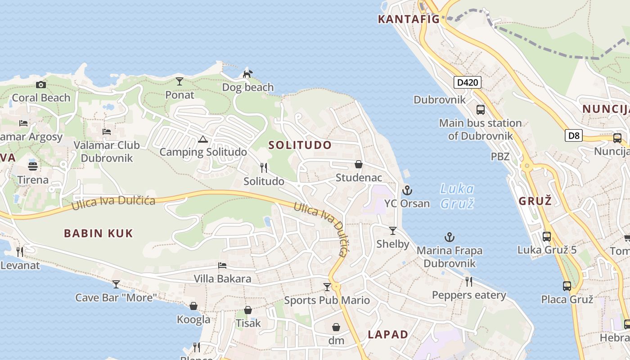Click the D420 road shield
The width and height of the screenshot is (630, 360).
[x=468, y=82]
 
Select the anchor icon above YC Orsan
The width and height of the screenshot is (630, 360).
[x=407, y=190]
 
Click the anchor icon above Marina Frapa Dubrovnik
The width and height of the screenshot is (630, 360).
[x=449, y=237]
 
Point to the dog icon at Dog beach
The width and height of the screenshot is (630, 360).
[x=247, y=73]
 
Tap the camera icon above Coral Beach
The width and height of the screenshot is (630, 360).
[x=41, y=85]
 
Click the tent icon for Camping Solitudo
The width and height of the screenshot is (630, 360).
[x=203, y=139]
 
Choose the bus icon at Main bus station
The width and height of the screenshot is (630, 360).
[x=481, y=110]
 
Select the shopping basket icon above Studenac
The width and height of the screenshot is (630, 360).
[x=359, y=164]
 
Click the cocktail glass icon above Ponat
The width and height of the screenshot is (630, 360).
[x=180, y=81]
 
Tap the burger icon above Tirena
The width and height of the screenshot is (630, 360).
[x=33, y=166]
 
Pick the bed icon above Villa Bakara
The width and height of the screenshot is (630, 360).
[x=222, y=265]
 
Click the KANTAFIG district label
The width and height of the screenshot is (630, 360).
[x=408, y=19]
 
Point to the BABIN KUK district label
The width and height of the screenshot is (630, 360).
[x=99, y=233]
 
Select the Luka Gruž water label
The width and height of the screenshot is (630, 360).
[x=457, y=196]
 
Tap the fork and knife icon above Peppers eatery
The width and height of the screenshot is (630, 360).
[x=469, y=282]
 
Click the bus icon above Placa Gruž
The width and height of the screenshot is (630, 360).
[x=567, y=286]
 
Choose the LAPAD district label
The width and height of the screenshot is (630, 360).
[x=388, y=334]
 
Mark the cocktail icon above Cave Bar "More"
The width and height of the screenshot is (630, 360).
[x=116, y=284]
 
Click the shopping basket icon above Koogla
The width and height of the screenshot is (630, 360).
[x=193, y=306]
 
